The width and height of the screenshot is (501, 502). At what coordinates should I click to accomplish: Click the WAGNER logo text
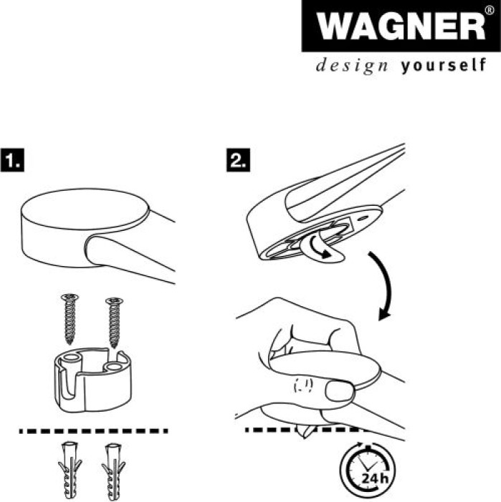(401, 26)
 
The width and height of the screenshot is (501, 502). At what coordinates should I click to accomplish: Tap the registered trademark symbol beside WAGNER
(490, 10)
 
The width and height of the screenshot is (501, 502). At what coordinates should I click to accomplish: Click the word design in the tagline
(352, 66)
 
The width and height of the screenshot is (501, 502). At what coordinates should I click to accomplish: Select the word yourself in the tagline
(443, 65)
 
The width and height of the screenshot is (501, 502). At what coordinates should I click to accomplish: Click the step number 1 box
(12, 160)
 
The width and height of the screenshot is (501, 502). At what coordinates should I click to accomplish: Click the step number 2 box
(239, 160)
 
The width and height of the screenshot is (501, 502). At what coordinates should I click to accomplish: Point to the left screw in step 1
(70, 318)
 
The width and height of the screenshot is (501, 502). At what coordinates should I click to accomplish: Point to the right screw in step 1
(114, 322)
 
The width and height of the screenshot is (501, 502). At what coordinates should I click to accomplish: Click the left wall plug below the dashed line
(70, 470)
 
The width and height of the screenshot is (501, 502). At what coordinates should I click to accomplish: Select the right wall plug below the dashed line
(113, 471)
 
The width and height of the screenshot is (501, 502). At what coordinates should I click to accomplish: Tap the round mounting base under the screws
(92, 380)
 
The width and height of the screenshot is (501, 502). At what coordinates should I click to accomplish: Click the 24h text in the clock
(375, 478)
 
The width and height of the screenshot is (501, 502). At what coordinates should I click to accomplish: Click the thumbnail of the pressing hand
(340, 390)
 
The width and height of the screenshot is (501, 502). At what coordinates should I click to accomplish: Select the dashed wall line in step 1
(93, 431)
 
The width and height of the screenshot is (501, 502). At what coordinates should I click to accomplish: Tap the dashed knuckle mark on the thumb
(303, 386)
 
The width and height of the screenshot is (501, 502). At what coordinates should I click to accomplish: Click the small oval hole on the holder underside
(363, 218)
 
